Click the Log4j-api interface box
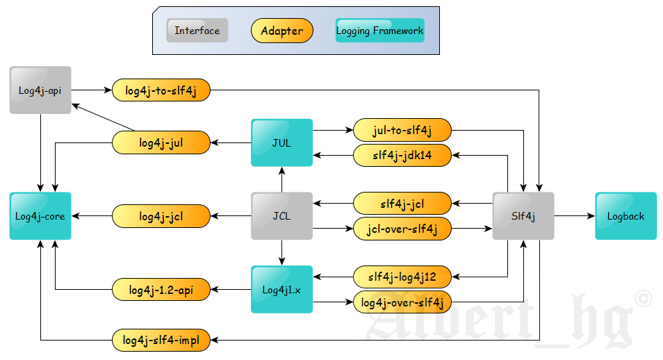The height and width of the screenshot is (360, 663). tap(40, 90)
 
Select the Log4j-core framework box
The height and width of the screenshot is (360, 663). tap(40, 216)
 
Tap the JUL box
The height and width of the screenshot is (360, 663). tap(281, 142)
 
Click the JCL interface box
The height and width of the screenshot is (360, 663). tap(281, 216)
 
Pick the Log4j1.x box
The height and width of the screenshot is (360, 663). tap(281, 289)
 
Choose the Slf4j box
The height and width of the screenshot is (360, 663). tap(523, 216)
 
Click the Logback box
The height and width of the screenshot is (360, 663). tap(625, 216)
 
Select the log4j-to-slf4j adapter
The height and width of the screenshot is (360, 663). tap(161, 90)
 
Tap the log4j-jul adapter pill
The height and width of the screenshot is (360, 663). tap(161, 142)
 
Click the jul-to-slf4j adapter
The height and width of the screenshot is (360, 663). tap(402, 130)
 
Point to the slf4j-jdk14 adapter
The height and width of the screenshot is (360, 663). tap(402, 155)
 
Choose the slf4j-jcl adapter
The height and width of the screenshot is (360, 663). tap(402, 204)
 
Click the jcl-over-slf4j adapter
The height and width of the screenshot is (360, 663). tap(402, 228)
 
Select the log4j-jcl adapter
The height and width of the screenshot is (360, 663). tap(161, 216)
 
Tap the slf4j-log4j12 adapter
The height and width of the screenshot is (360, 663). tap(402, 277)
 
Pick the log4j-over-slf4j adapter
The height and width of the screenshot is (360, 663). tap(402, 302)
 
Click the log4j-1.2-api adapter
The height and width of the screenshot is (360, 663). tap(161, 289)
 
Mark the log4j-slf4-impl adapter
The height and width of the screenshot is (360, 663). tap(161, 340)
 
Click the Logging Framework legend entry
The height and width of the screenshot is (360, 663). tap(379, 31)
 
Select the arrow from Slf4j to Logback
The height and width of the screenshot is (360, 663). tap(574, 216)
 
